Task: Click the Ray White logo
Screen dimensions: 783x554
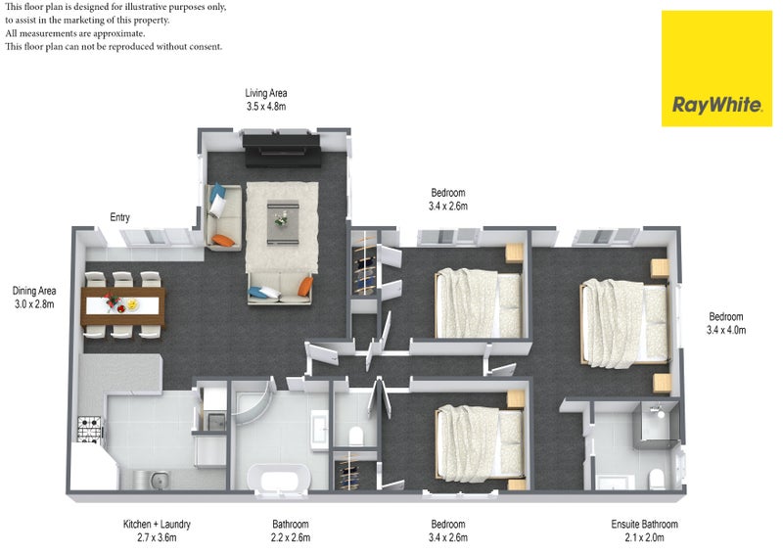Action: coord(716,69)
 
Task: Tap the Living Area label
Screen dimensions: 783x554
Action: coord(265,93)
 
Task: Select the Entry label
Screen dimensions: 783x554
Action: coord(119,217)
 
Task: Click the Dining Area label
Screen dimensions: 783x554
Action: coord(34,291)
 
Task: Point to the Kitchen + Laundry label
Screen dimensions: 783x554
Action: coord(157,524)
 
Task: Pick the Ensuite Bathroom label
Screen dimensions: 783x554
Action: coord(644,524)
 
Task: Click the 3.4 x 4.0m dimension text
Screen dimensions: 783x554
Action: coord(726,330)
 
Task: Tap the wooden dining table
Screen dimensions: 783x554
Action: coord(123,305)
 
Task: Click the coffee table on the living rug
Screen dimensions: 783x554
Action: coord(283,222)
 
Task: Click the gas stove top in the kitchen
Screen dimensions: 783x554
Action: coord(90,430)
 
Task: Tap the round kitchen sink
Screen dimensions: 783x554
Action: coord(160,481)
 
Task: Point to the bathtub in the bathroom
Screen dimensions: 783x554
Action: coord(279,479)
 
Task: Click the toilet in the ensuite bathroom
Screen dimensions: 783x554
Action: coord(656,479)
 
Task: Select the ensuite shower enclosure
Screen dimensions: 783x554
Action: coord(656,424)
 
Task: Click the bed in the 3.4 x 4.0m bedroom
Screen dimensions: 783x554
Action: coord(624,324)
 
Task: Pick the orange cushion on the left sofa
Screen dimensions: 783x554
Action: coord(223,240)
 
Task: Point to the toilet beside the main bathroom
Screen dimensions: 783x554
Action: coord(356,436)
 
